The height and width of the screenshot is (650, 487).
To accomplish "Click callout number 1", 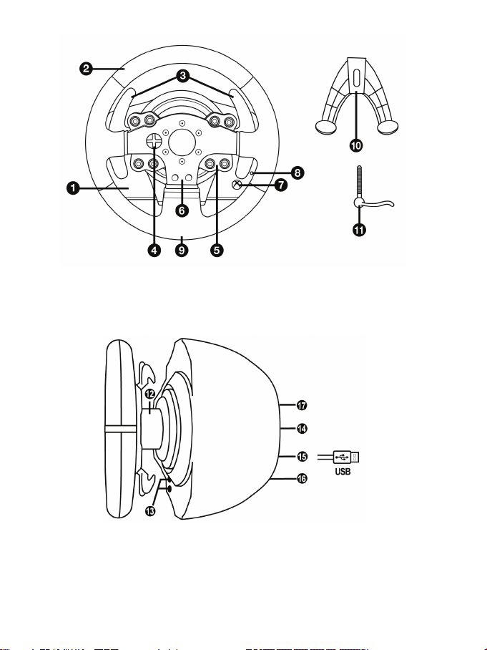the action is tap(72, 188).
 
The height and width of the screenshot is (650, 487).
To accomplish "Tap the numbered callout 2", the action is tap(86, 69).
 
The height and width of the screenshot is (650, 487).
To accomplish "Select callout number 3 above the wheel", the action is tap(183, 76).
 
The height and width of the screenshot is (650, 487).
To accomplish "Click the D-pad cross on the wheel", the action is tap(154, 141).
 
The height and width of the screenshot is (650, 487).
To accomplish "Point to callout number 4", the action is tap(154, 250).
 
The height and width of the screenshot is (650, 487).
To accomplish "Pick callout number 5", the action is tap(217, 250).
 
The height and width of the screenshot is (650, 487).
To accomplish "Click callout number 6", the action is tap(182, 210).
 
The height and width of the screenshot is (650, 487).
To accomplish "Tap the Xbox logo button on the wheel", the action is tap(237, 185).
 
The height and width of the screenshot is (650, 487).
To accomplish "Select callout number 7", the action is tap(281, 185).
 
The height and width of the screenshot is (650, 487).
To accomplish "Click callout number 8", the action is tap(297, 173).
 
